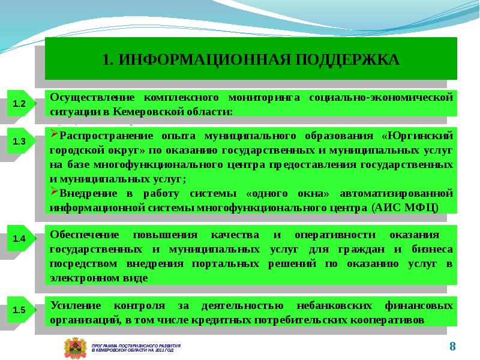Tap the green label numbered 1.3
pos(19,143)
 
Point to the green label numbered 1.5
pos(19,310)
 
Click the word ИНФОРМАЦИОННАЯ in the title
pos(197,59)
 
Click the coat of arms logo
pos(75,349)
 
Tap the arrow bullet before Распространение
pos(53,135)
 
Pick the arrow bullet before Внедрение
pos(53,193)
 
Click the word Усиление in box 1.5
pos(73,305)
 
